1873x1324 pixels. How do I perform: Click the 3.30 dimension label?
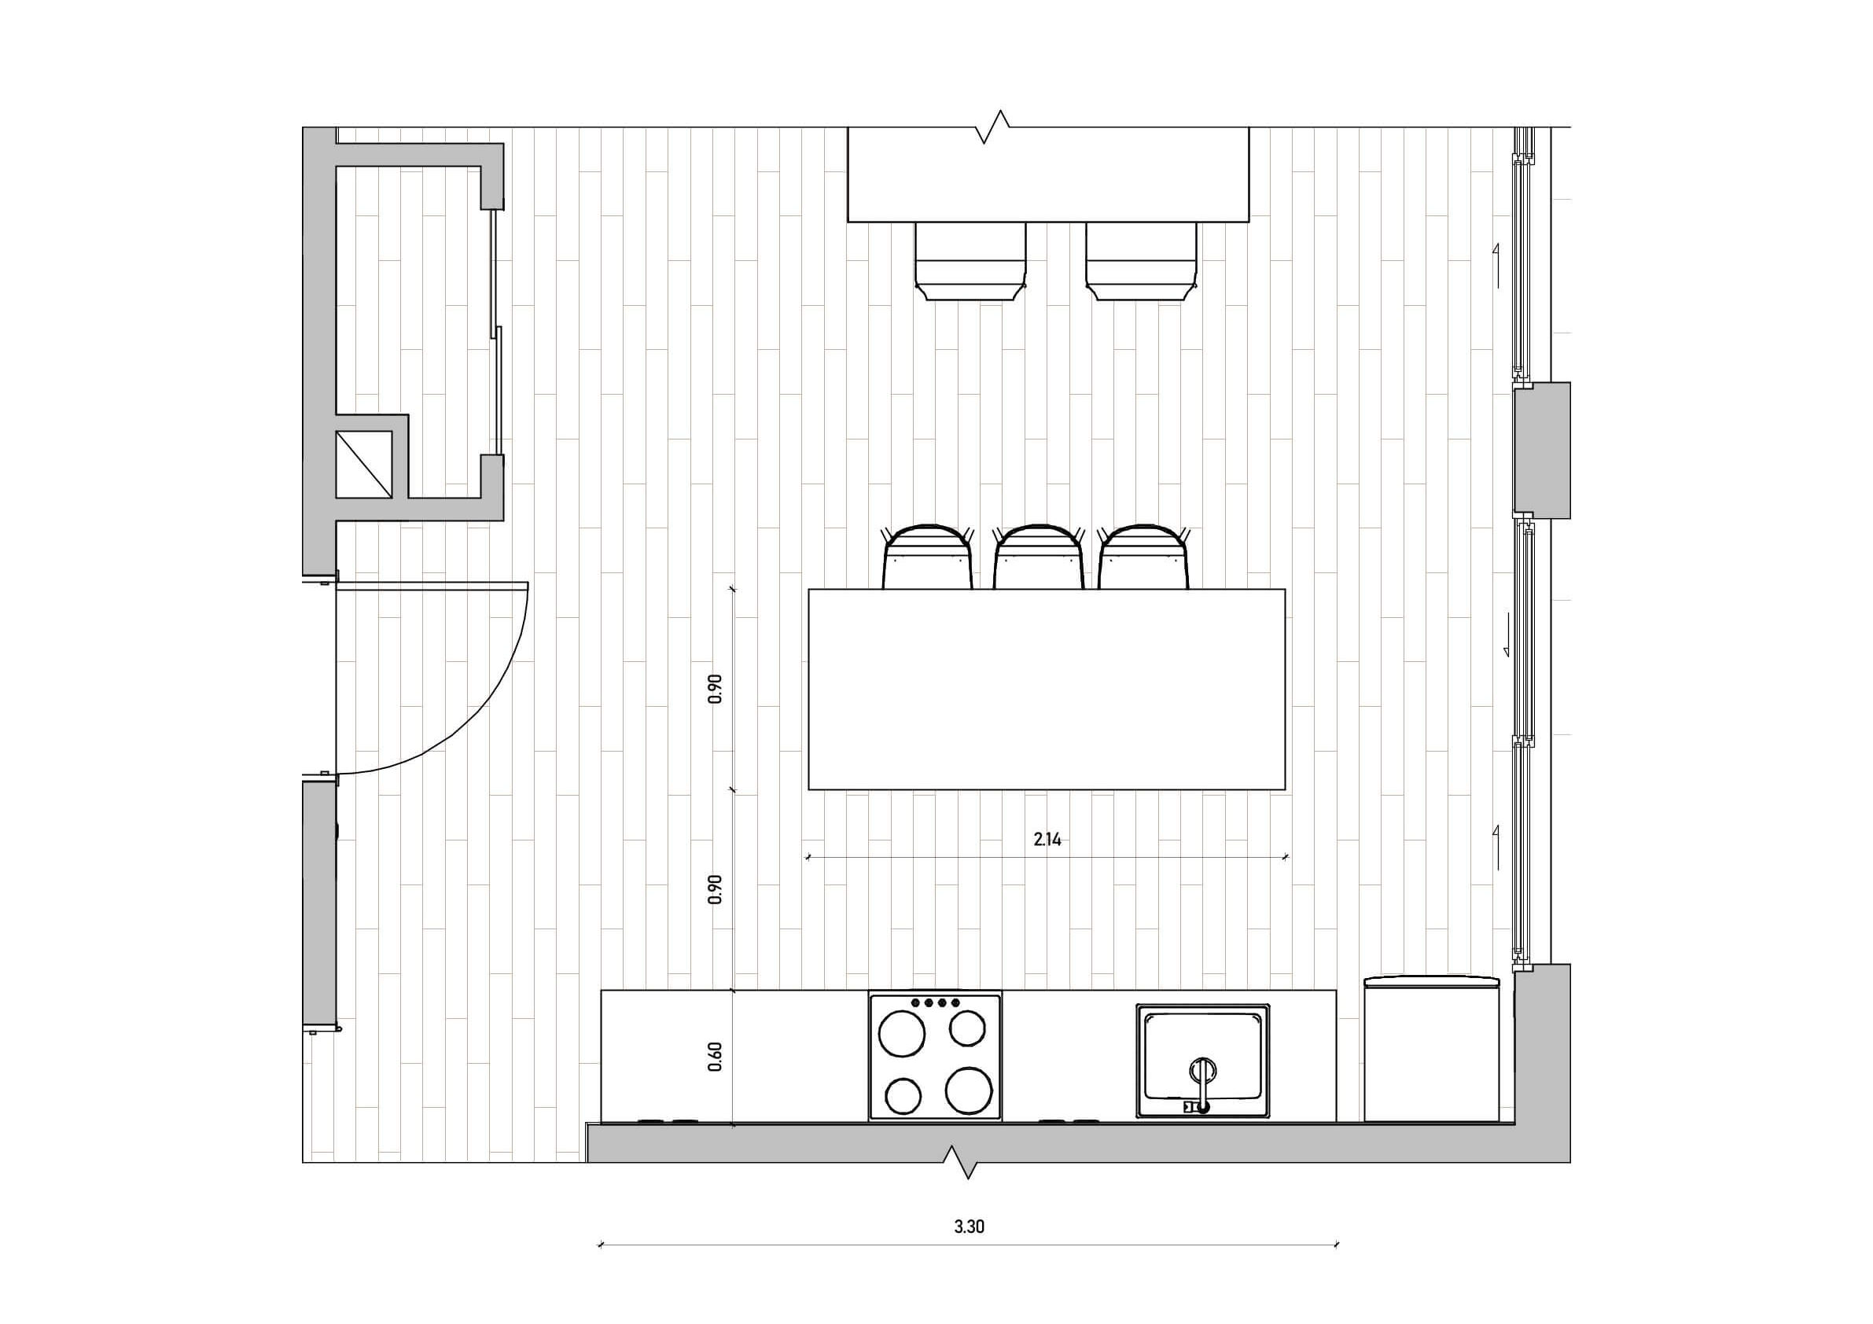pos(969,1226)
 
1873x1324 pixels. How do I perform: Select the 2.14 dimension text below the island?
pos(1047,840)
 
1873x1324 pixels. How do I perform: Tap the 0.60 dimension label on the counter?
pos(716,1057)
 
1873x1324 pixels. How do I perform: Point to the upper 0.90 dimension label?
pos(716,690)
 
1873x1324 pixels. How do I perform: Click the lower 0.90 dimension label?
pos(716,889)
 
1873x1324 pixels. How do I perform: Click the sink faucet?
pos(1201,1085)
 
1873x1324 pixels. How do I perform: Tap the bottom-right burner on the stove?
pos(969,1090)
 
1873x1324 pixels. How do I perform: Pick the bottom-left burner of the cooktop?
pos(903,1095)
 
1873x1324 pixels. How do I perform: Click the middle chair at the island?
pos(1038,557)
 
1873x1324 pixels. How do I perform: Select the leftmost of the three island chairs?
pos(928,557)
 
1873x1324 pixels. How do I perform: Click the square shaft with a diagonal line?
pos(364,464)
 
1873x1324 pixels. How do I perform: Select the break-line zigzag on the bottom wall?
pos(959,1162)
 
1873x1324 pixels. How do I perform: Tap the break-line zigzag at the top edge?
pos(995,127)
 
